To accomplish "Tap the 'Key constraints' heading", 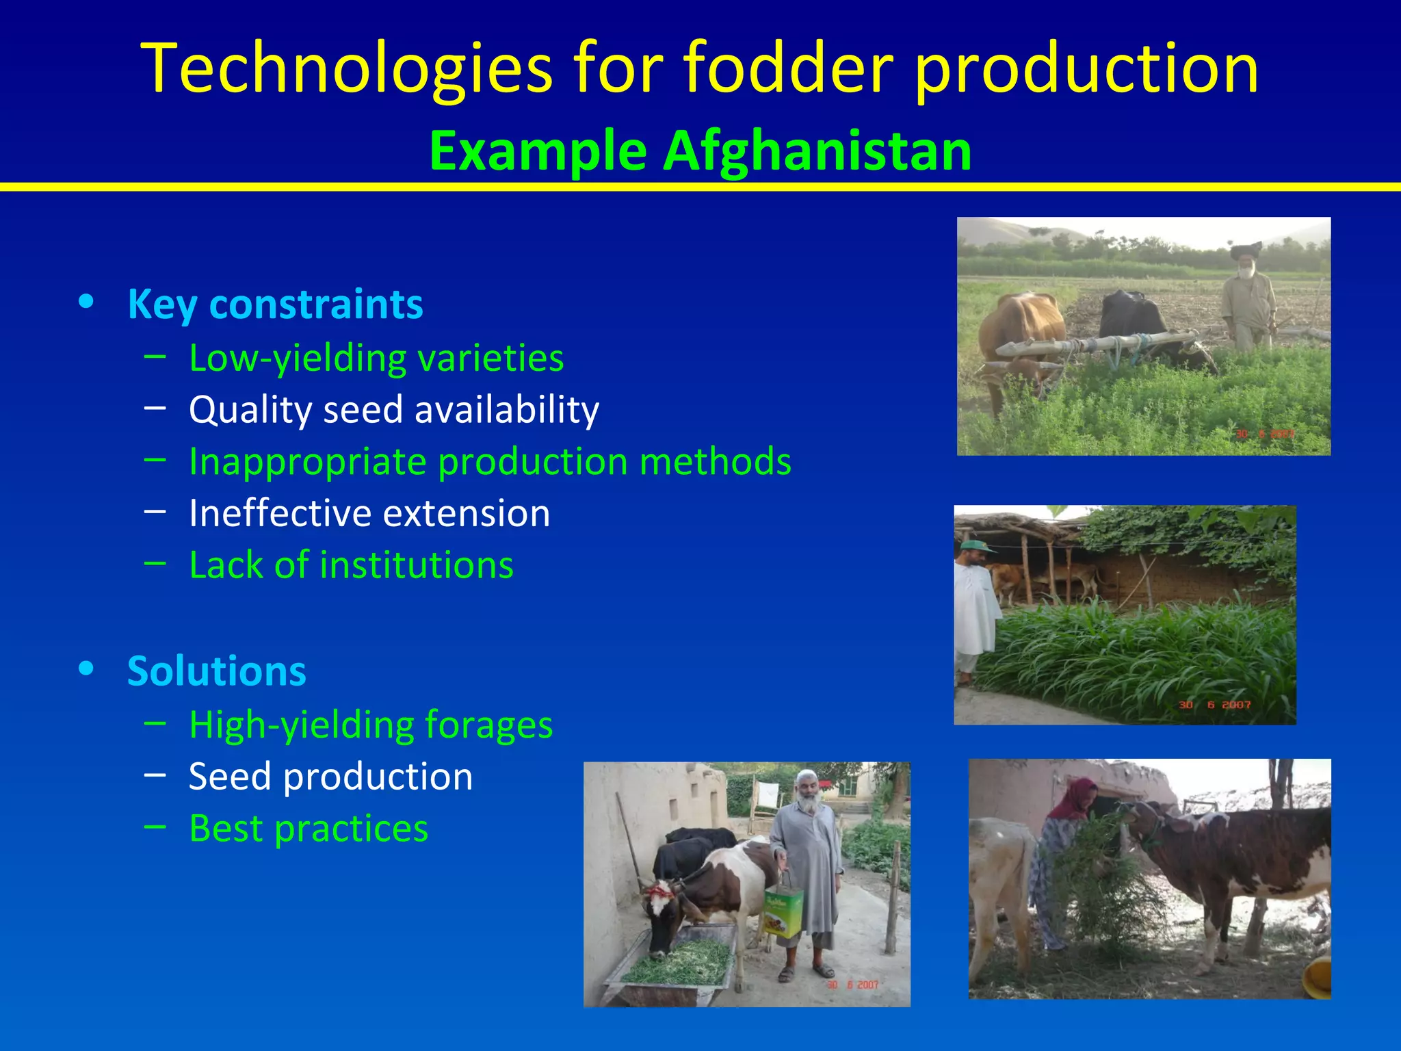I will tap(275, 304).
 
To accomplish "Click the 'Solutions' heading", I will tap(217, 671).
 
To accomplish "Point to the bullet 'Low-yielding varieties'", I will tap(376, 358).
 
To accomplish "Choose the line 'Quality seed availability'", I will tap(394, 410).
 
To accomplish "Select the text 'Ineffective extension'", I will tap(369, 513).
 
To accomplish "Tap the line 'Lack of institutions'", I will tap(351, 565).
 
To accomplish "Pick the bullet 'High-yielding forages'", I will tap(371, 725).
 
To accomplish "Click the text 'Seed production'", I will tap(330, 777).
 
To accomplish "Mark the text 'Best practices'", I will tap(309, 829).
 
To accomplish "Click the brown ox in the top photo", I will tap(1019, 328).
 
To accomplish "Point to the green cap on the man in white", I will tap(976, 545).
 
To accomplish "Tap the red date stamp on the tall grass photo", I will tap(1214, 705).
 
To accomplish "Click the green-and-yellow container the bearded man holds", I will tap(783, 910).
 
